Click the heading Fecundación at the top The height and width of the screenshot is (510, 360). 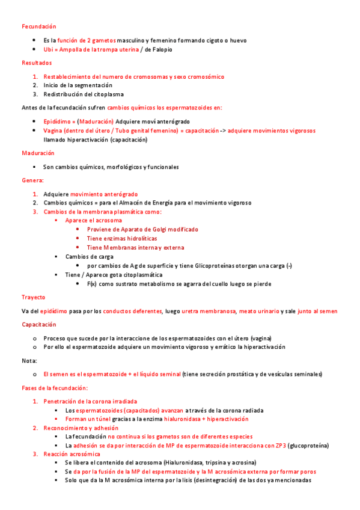click(38, 26)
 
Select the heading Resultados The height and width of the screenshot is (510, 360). click(37, 63)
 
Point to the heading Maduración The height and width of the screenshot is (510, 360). click(38, 153)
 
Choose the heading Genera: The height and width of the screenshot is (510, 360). click(32, 180)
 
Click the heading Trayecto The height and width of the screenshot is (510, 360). click(33, 297)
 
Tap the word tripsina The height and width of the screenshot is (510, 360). click(218, 463)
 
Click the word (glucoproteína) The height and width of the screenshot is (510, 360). click(309, 446)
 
